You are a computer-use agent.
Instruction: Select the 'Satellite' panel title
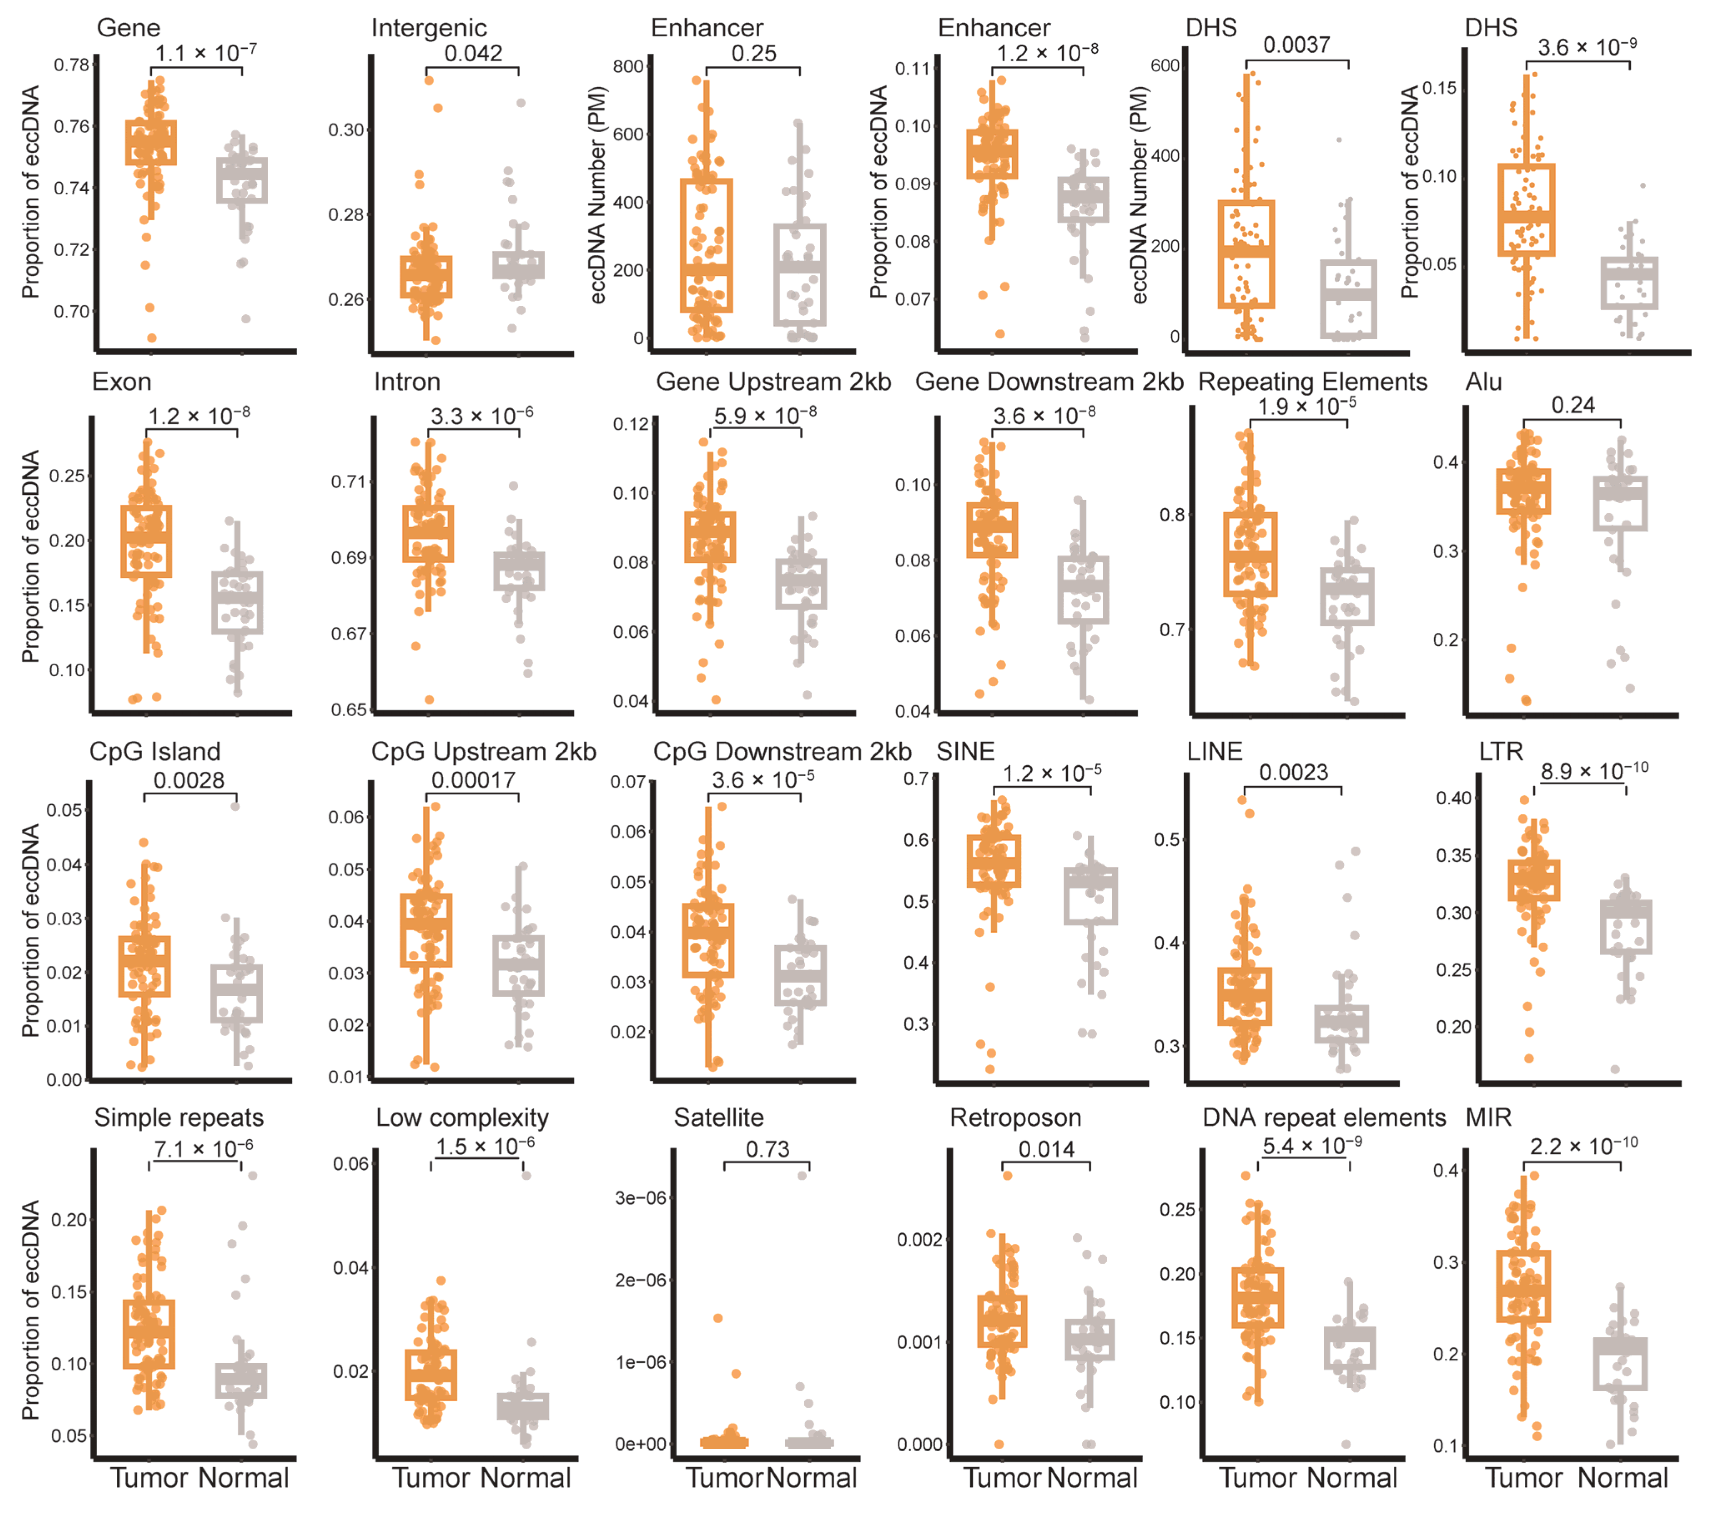point(719,1118)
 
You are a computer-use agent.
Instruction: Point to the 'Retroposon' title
point(1015,1118)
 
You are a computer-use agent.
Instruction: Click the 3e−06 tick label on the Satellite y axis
point(641,1198)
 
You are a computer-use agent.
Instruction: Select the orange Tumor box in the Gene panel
point(151,142)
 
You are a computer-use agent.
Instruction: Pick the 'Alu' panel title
point(1484,382)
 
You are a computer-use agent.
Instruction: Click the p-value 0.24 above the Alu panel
point(1572,405)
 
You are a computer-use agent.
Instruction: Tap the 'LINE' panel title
point(1215,751)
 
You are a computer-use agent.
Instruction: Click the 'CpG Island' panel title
point(155,751)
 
